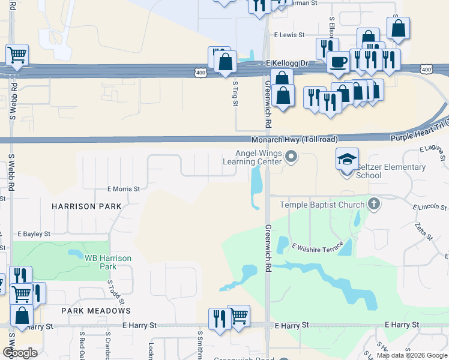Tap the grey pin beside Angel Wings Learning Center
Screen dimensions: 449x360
(x=292, y=158)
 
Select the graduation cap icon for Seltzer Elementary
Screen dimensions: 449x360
(x=348, y=159)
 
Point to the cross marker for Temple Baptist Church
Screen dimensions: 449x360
(x=373, y=204)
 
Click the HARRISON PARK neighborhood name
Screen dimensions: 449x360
(x=86, y=206)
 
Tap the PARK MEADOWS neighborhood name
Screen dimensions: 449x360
(x=96, y=311)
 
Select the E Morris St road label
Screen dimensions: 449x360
(x=124, y=188)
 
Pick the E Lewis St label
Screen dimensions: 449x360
(x=290, y=35)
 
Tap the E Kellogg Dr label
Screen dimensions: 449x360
(x=286, y=63)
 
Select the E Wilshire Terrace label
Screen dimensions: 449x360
(x=318, y=247)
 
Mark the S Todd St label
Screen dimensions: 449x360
(x=111, y=291)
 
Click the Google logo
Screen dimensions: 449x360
(x=20, y=353)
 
